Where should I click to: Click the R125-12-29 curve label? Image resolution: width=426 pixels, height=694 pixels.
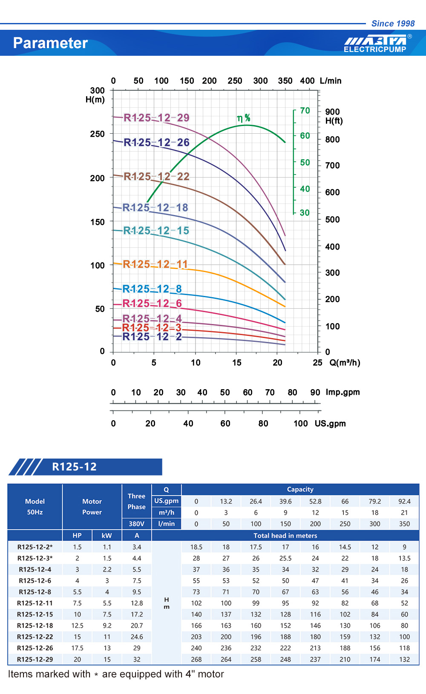point(156,118)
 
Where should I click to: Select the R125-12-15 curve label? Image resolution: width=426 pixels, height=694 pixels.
point(156,231)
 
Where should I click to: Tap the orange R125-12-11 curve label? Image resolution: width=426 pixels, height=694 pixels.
point(155,264)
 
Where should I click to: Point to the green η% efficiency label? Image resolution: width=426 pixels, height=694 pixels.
point(244,118)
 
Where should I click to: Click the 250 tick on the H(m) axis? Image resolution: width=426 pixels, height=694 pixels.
point(97,134)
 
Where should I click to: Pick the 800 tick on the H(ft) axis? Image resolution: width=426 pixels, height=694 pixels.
point(332,140)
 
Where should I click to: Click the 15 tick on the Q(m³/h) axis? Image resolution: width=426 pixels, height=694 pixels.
point(237,363)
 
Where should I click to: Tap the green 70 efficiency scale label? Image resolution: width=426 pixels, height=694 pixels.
point(305,111)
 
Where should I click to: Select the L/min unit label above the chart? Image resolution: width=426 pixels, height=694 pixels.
point(331,81)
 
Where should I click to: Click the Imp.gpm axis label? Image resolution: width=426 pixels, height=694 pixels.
point(343,392)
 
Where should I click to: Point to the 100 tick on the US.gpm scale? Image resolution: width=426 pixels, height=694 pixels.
point(300,424)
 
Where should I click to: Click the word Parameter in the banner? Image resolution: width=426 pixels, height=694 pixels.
point(50,43)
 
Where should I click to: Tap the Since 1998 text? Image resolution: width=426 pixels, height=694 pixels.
point(393,24)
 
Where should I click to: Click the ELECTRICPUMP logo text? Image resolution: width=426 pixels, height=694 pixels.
point(375,49)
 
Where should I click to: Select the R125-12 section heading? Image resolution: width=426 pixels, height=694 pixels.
point(74,467)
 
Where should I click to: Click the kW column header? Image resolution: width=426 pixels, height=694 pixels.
point(107,536)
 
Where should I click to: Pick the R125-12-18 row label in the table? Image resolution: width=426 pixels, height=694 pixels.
point(35,626)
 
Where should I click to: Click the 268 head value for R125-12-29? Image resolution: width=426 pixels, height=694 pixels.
point(196,660)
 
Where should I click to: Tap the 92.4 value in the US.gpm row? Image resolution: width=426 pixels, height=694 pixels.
point(404,502)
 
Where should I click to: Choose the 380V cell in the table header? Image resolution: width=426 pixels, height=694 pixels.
point(136,524)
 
